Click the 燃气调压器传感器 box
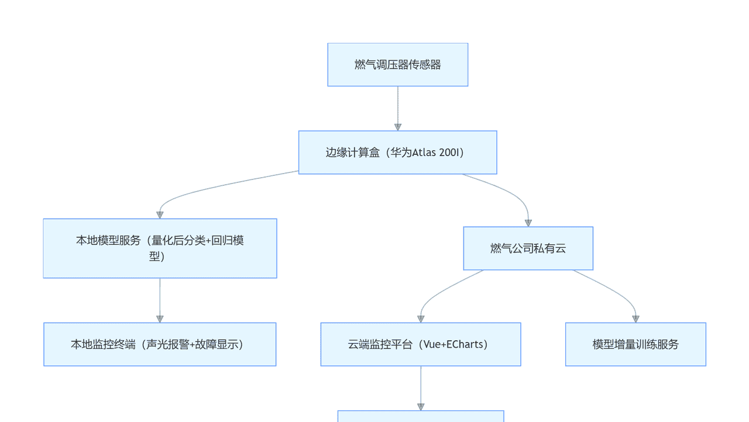tap(397, 65)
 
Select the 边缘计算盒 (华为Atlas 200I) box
tap(397, 153)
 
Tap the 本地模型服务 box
tap(160, 248)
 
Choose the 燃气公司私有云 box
tap(528, 248)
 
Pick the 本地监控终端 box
tap(160, 344)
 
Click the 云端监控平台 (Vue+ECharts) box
tap(420, 344)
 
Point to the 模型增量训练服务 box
tap(635, 344)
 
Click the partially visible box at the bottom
tap(420, 416)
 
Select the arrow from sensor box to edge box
tap(398, 108)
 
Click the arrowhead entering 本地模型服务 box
tap(160, 215)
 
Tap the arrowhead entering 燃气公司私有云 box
tap(528, 223)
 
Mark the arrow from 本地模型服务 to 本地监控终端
tap(160, 300)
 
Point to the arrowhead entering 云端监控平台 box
tap(421, 319)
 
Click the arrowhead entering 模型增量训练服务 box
tap(635, 319)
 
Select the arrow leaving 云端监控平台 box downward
tap(421, 388)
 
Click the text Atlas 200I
tap(436, 153)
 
